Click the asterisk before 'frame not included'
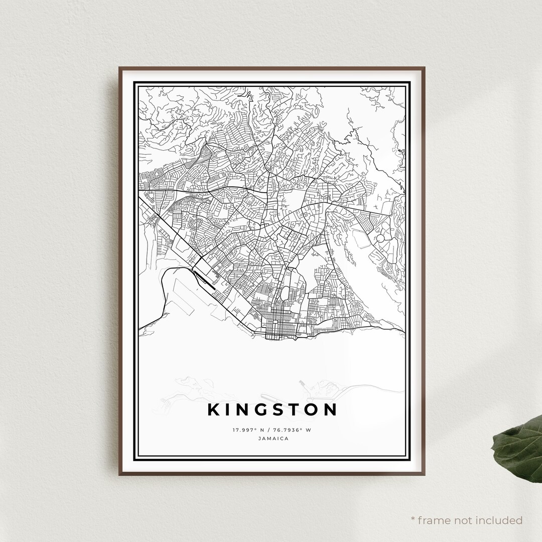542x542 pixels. pos(413,518)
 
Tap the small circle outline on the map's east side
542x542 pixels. pos(380,238)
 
